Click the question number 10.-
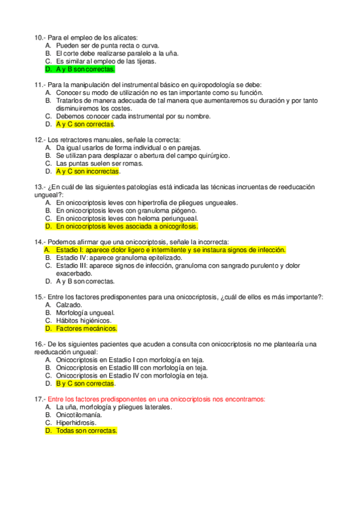click(40, 37)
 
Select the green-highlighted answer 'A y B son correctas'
click(85, 69)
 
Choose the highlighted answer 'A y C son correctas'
click(85, 124)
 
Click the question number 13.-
click(40, 187)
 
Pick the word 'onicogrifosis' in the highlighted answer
click(176, 227)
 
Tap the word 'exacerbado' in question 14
click(74, 273)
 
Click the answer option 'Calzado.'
click(70, 305)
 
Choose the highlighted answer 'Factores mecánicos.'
click(86, 328)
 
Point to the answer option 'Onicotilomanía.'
click(79, 415)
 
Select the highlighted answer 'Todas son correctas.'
click(86, 430)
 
